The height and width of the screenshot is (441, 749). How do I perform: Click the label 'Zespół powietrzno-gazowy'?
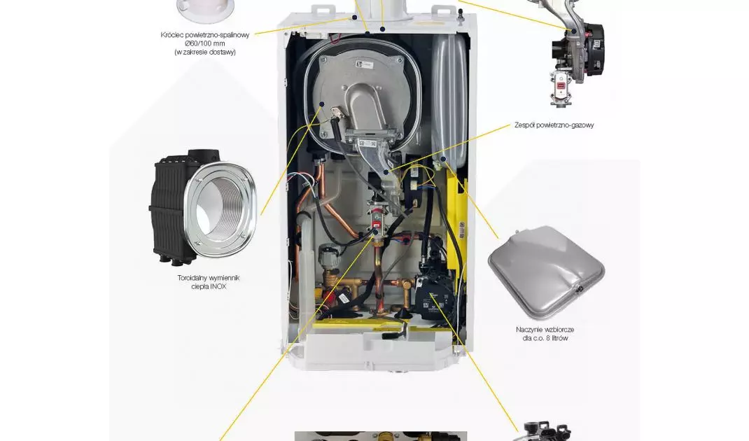pos(554,125)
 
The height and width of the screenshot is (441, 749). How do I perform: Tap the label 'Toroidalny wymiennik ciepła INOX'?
pos(209,282)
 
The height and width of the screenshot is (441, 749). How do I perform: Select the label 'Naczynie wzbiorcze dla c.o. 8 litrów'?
pos(545,333)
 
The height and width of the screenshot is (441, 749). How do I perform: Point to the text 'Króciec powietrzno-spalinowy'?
pos(205,35)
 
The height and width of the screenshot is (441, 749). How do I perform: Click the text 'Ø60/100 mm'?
pos(205,43)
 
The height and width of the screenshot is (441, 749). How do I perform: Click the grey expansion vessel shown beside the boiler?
pos(547,272)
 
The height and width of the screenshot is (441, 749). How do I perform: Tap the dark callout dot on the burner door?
pos(322,104)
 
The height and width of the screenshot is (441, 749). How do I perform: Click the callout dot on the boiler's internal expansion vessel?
pos(443,159)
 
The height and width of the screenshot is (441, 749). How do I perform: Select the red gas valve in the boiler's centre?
pos(377,219)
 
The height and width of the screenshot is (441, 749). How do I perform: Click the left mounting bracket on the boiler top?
pos(323,10)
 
